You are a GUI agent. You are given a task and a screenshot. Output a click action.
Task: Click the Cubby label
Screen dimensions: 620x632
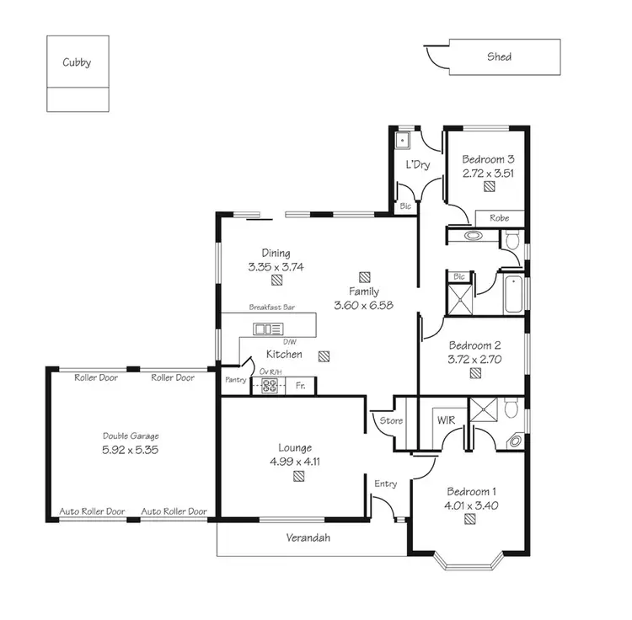pyautogui.click(x=77, y=62)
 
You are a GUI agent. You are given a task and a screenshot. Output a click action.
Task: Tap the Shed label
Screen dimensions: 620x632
pyautogui.click(x=499, y=57)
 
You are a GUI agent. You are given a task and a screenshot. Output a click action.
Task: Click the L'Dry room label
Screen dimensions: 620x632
pyautogui.click(x=418, y=164)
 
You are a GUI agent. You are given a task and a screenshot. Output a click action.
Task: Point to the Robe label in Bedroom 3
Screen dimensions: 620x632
pyautogui.click(x=500, y=218)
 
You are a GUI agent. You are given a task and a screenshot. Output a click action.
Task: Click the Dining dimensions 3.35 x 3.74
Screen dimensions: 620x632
pyautogui.click(x=276, y=266)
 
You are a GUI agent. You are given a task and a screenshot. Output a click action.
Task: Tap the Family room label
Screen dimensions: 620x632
pyautogui.click(x=364, y=291)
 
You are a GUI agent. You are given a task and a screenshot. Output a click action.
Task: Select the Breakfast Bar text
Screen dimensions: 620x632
pyautogui.click(x=269, y=308)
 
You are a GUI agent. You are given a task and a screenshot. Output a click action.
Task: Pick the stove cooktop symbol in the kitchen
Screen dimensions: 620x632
pyautogui.click(x=270, y=387)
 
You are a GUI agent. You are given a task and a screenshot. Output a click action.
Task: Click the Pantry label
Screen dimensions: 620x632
pyautogui.click(x=234, y=381)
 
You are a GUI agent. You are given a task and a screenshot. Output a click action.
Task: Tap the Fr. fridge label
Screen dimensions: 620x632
pyautogui.click(x=301, y=387)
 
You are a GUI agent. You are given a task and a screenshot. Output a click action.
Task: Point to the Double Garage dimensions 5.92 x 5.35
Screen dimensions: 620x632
pyautogui.click(x=131, y=450)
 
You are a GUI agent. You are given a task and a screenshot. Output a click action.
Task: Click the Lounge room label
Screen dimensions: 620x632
pyautogui.click(x=295, y=447)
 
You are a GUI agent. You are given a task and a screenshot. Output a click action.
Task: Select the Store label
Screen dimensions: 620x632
pyautogui.click(x=392, y=420)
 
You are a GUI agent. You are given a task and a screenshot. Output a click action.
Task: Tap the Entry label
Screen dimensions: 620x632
pyautogui.click(x=386, y=484)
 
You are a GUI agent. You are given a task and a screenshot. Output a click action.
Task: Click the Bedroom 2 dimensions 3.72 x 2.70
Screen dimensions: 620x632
pyautogui.click(x=474, y=359)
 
